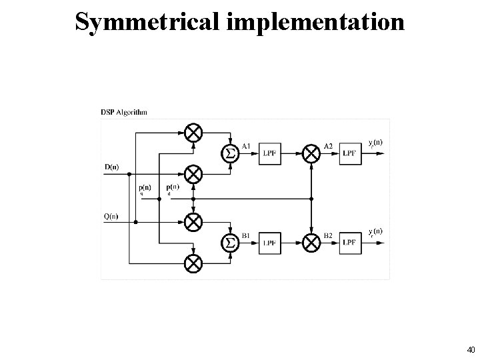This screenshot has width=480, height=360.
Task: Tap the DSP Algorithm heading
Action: coord(125,113)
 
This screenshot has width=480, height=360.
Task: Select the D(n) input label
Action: coord(111,167)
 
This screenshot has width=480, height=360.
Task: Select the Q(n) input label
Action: coord(111,215)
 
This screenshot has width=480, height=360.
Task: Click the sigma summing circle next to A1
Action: coord(230,154)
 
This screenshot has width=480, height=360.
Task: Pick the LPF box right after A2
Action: coord(351,154)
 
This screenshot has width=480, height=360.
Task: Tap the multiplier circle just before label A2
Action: coord(311,154)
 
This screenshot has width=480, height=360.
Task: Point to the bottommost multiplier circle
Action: coord(193,263)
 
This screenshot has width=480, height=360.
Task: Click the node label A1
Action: coord(247,146)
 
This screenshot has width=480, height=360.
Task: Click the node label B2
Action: coord(328,235)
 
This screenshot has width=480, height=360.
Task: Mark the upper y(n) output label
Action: coord(375,143)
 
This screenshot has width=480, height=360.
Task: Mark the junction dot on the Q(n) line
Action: coord(136,221)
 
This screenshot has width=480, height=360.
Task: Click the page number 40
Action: coord(471,349)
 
